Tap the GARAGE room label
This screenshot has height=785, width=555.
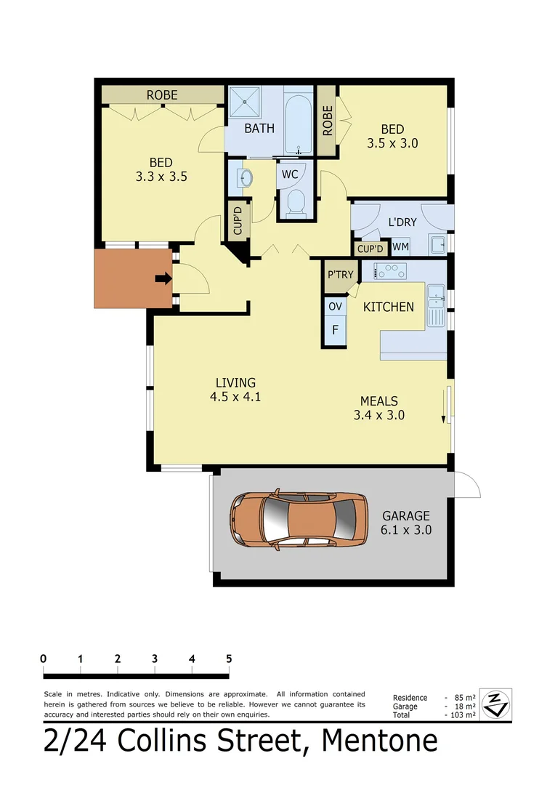coord(407,516)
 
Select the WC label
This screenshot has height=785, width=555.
coord(290,174)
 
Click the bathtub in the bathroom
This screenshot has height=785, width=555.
coord(298,120)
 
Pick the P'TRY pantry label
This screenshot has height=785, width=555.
coord(340,275)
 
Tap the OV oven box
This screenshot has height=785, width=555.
coord(335,307)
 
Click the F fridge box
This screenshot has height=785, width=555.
coord(335,330)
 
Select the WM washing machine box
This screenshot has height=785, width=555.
coord(400,247)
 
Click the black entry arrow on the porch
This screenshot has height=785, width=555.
coord(163,278)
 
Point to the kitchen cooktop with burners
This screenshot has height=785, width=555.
coord(390,272)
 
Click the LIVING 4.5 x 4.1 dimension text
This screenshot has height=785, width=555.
coord(237,397)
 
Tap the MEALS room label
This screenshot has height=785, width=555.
coord(379,400)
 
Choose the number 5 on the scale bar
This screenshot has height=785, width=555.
coord(229,659)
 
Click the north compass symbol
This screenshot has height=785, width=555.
coord(497,703)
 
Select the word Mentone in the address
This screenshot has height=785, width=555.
coord(380,741)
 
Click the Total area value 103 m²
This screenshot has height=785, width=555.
coord(462,715)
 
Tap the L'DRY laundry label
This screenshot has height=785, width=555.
coord(402,222)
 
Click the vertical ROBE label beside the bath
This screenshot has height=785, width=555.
coord(327,120)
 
